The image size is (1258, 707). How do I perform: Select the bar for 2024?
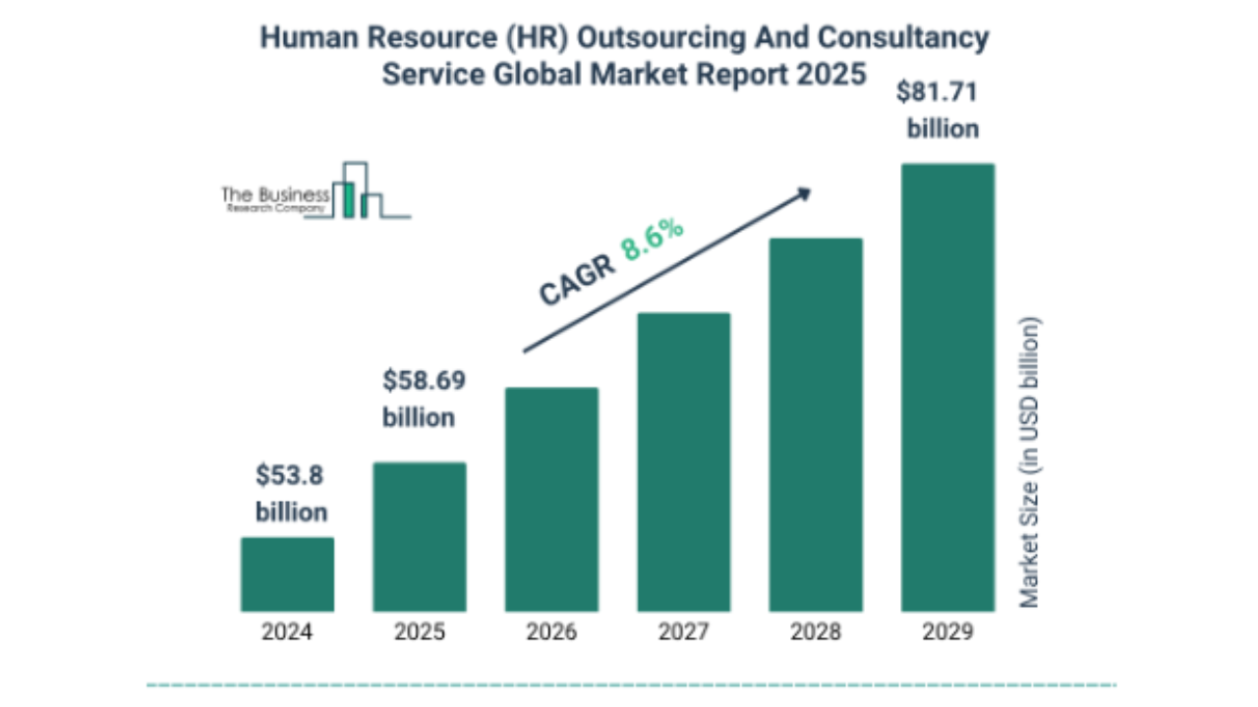tap(287, 574)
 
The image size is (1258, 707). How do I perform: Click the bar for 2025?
tap(420, 537)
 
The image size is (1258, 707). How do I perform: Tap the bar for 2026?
tap(551, 500)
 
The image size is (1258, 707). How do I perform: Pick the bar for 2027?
tap(684, 462)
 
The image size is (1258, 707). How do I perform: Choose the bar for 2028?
tap(816, 425)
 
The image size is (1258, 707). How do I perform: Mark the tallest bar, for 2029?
tap(947, 388)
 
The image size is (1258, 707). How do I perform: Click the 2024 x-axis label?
tap(287, 632)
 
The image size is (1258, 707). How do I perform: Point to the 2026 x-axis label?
tap(551, 632)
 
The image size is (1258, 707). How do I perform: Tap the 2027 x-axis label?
tap(684, 632)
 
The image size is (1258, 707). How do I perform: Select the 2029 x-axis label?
tap(947, 632)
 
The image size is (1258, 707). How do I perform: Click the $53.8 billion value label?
tap(291, 494)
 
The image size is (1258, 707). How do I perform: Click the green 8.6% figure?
tap(651, 241)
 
